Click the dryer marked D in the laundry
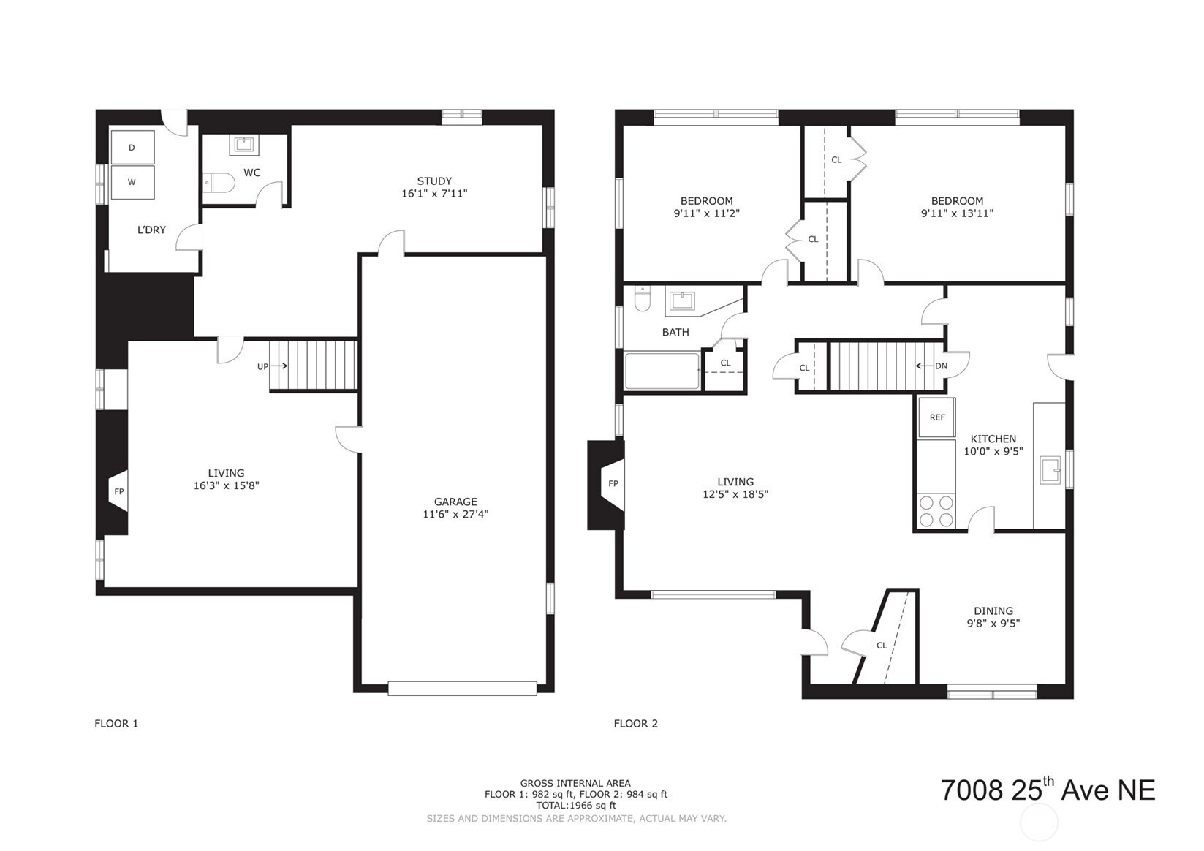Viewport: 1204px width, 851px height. click(x=132, y=147)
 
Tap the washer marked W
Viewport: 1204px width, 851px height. click(x=132, y=182)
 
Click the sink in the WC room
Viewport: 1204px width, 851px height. click(x=245, y=145)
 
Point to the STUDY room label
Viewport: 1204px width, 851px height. click(x=434, y=181)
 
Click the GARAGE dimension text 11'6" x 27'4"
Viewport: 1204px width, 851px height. click(x=455, y=515)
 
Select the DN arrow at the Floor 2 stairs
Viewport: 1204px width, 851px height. click(x=925, y=366)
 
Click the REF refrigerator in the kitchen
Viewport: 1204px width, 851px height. click(x=937, y=417)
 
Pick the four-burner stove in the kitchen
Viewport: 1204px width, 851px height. click(x=936, y=511)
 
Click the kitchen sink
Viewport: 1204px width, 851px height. click(x=1050, y=470)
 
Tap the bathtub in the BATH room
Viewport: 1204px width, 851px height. click(x=662, y=371)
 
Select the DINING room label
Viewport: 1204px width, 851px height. click(x=993, y=611)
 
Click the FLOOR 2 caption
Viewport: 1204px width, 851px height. click(x=635, y=724)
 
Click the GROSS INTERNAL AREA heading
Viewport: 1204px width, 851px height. click(x=575, y=783)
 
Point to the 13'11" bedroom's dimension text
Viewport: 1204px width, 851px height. click(x=957, y=213)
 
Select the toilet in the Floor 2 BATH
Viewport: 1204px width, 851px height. click(x=643, y=300)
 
